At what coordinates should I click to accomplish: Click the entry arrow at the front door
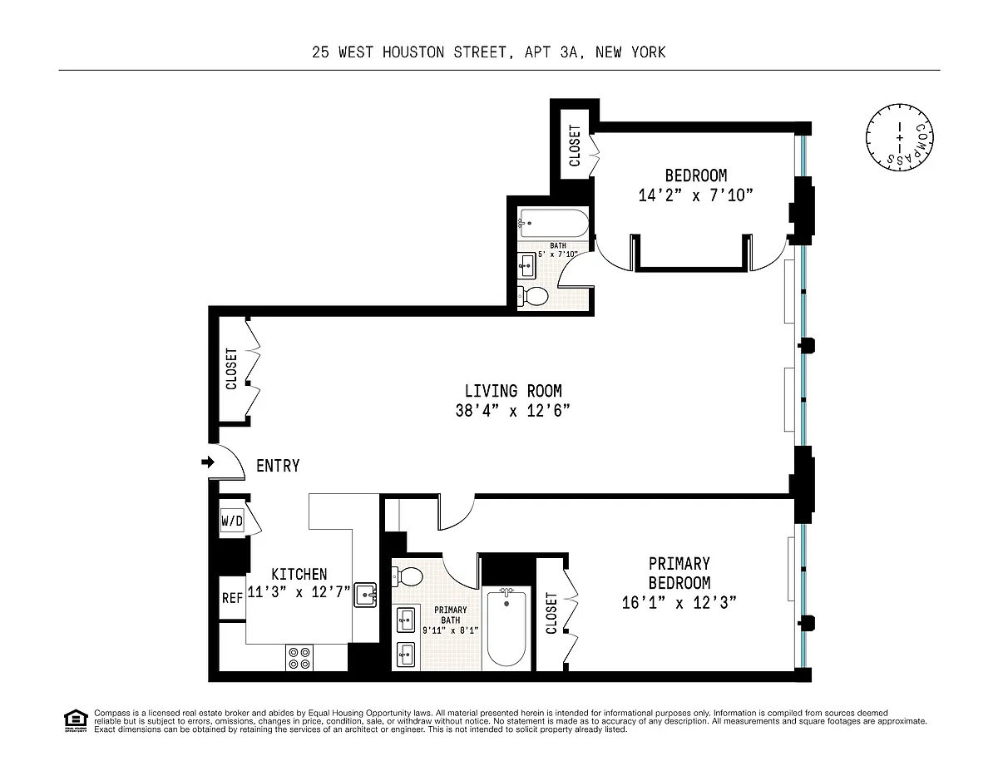click(208, 462)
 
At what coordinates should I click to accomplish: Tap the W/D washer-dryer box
click(232, 521)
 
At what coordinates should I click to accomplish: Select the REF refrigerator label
click(232, 598)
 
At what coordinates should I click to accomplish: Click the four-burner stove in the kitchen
click(299, 658)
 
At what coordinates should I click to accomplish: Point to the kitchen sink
click(366, 596)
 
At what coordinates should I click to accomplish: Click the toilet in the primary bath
click(407, 576)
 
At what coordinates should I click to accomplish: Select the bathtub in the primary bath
click(506, 627)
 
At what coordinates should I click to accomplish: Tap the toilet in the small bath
click(533, 296)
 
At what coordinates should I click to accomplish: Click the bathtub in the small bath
click(553, 223)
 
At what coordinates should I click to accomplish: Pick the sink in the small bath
click(526, 265)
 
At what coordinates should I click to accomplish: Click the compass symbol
click(899, 137)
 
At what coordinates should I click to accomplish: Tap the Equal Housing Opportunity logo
click(76, 721)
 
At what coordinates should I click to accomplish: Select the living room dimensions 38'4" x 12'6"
click(512, 411)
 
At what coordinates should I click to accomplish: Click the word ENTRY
click(278, 466)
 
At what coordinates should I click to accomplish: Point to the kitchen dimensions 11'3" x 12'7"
click(299, 592)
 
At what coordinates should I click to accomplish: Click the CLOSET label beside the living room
click(231, 368)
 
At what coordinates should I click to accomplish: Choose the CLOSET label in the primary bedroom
click(551, 614)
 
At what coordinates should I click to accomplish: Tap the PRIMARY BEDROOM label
click(679, 573)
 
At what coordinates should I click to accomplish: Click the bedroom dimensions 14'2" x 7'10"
click(696, 195)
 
